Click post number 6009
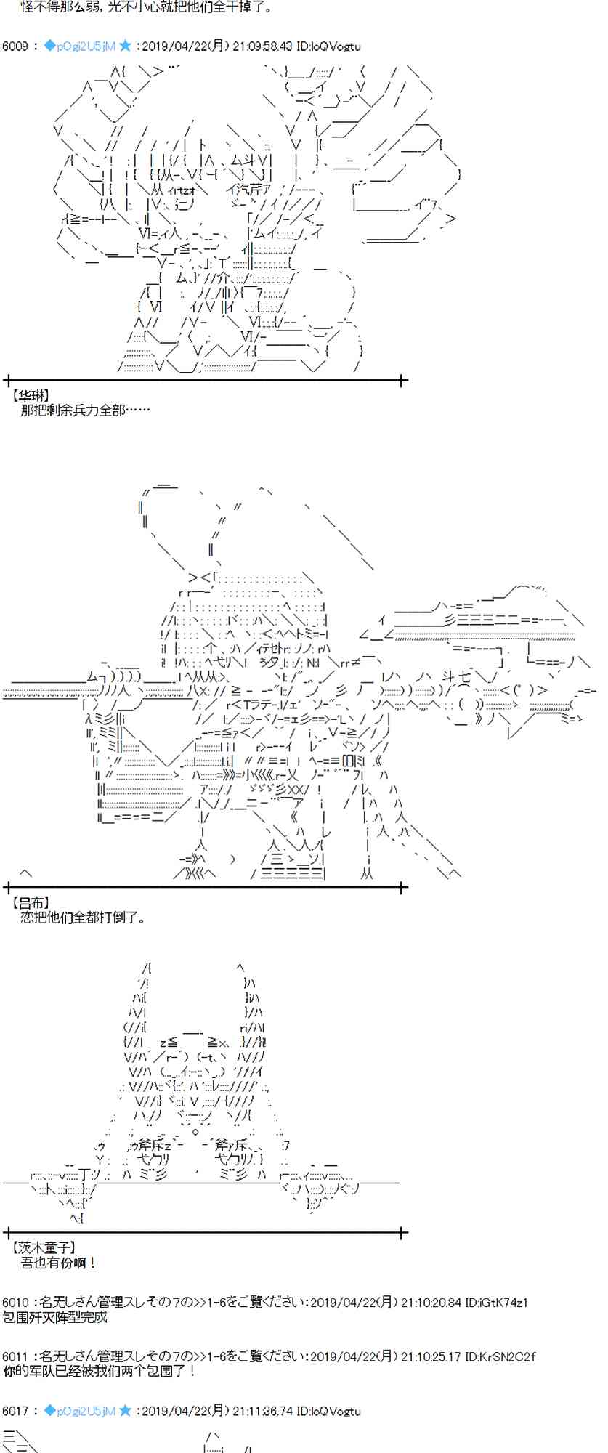[15, 46]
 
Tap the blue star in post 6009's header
[126, 46]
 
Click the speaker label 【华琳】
[30, 396]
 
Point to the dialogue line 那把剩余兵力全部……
[85, 410]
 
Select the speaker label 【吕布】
[30, 903]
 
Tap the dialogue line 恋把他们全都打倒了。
[83, 918]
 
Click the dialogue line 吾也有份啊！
[58, 1263]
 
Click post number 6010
[15, 1303]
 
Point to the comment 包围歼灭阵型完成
[54, 1317]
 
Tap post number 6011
[15, 1356]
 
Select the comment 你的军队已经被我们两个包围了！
[100, 1371]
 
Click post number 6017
[15, 1411]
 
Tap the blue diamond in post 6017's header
[49, 1411]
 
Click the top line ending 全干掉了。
[137, 8]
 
